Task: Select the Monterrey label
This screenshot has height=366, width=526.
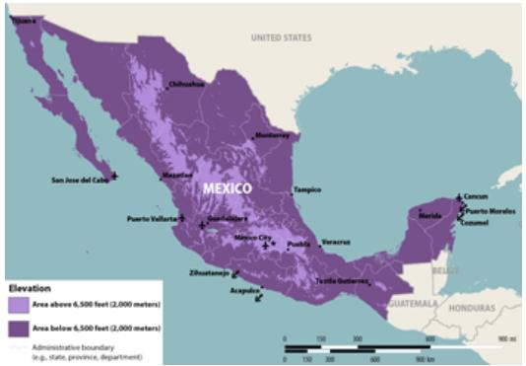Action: [273, 134]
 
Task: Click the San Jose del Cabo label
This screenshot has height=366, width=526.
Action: [80, 180]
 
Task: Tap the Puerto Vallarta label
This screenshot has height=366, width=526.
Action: [150, 218]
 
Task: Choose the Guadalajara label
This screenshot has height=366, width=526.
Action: [228, 217]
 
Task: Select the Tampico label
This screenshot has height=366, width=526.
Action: [307, 189]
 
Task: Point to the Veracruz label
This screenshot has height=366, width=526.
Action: [336, 241]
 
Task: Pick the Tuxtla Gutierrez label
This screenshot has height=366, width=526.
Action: [342, 280]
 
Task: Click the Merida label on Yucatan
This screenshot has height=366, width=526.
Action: [430, 214]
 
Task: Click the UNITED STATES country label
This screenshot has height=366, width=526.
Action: [281, 37]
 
